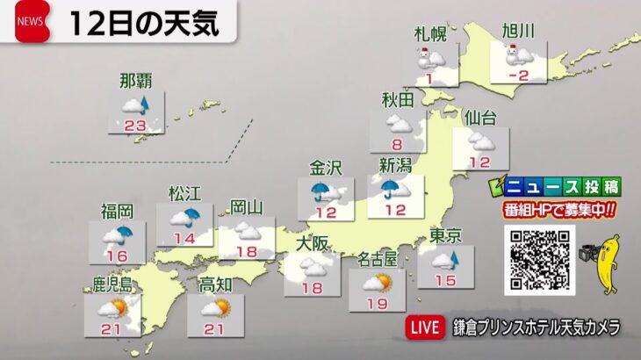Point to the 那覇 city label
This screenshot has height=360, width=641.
pyautogui.click(x=136, y=83)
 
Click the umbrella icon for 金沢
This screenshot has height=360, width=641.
pyautogui.click(x=321, y=191)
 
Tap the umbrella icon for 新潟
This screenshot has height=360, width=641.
pyautogui.click(x=392, y=189)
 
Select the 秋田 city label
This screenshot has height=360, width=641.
pyautogui.click(x=398, y=100)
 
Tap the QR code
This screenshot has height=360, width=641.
pyautogui.click(x=539, y=260)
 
